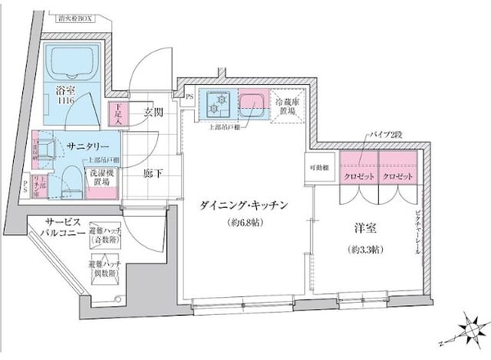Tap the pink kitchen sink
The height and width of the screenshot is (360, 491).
tap(251, 104)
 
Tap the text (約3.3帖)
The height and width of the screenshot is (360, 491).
tap(363, 249)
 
